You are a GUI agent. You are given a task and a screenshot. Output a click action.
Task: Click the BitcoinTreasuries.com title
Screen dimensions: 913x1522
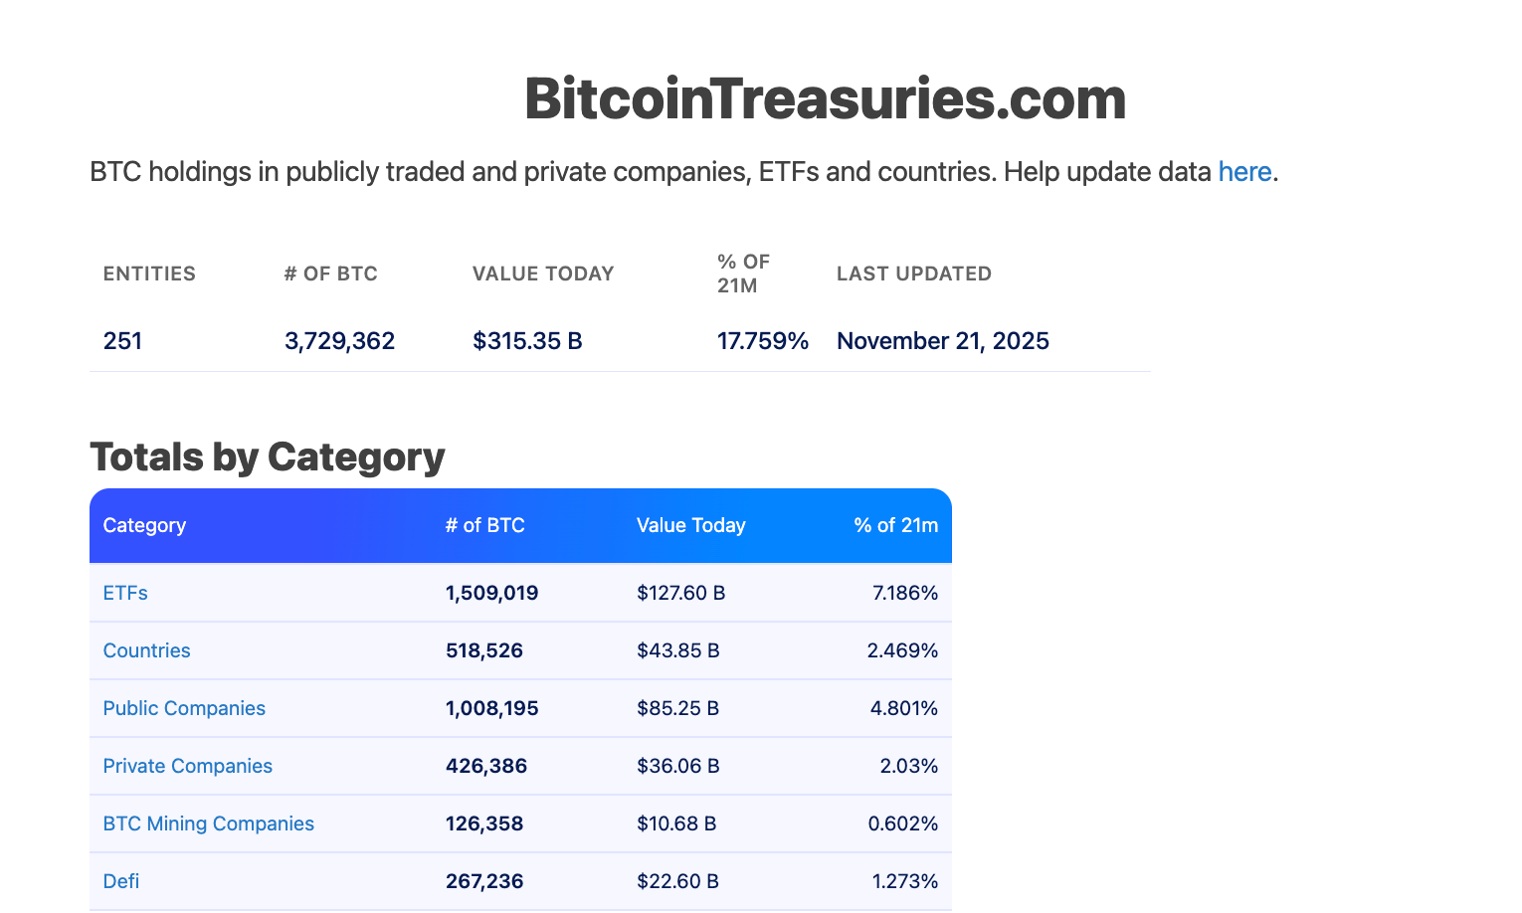[825, 99]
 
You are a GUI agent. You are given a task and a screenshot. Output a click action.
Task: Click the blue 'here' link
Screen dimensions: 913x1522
[1244, 172]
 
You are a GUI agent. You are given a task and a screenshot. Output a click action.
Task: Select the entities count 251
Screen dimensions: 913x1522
[122, 341]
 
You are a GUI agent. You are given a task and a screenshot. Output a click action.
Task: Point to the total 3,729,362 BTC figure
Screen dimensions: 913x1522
[339, 341]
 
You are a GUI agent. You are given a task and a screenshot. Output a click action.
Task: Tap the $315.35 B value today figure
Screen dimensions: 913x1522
[527, 341]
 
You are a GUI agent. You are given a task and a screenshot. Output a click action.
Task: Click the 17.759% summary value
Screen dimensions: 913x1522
[762, 341]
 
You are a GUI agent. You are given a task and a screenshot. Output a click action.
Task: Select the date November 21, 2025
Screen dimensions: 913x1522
[942, 341]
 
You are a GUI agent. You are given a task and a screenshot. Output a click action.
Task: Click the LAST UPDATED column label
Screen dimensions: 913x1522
[913, 274]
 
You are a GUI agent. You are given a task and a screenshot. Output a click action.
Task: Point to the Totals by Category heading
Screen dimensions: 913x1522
[267, 456]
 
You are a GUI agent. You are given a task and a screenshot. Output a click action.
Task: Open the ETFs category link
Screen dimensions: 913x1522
[125, 593]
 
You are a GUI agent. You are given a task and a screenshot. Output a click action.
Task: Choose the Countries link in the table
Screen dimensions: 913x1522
[146, 650]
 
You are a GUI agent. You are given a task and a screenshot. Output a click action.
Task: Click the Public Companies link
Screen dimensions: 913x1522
[184, 708]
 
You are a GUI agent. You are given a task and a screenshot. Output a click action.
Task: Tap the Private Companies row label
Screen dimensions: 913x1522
[187, 766]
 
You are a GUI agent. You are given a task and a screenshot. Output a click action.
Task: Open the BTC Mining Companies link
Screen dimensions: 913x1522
[208, 823]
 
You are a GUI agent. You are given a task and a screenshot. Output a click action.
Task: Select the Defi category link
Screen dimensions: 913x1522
[121, 881]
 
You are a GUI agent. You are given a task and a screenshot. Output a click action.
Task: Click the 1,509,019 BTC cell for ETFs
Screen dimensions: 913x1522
[491, 593]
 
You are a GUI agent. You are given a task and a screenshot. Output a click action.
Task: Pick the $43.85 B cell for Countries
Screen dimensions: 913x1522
[677, 650]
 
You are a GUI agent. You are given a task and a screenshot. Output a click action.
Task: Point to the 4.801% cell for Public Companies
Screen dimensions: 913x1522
[903, 708]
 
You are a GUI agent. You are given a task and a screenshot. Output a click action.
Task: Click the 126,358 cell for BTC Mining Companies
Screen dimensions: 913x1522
[483, 823]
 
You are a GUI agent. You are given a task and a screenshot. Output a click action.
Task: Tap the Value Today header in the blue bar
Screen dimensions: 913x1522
[690, 525]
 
